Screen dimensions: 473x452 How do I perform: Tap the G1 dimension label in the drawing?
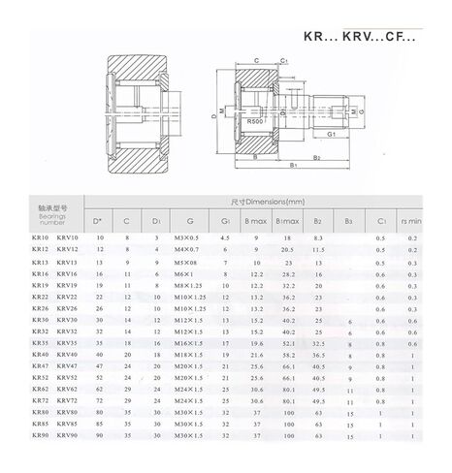coord(332,134)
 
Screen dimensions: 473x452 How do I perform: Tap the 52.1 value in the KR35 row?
coord(289,343)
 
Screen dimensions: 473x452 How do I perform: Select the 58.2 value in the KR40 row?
coord(289,355)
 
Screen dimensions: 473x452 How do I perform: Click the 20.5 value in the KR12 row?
coord(289,250)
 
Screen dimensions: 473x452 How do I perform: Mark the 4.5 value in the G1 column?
coord(225,238)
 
